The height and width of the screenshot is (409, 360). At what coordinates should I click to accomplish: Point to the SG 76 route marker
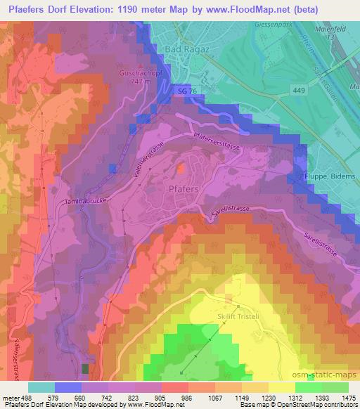pyautogui.click(x=186, y=92)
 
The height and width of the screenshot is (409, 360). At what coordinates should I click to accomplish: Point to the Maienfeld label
pyautogui.click(x=340, y=29)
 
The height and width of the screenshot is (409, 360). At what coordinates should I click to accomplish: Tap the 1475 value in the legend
pyautogui.click(x=349, y=397)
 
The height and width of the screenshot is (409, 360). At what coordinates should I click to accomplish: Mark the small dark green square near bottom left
pyautogui.click(x=86, y=368)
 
